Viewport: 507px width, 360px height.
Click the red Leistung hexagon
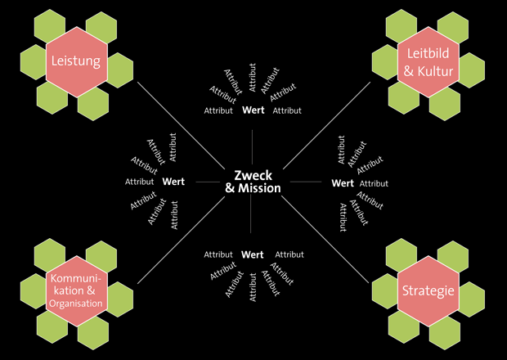coord(75,61)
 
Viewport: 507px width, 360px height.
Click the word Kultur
coord(435,72)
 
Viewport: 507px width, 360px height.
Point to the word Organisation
coord(75,304)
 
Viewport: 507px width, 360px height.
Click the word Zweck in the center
coord(253,175)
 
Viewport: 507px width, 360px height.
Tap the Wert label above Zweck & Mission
coord(253,110)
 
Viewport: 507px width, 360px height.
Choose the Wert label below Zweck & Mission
coord(252,254)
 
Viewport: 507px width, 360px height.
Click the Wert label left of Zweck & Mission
coord(173,182)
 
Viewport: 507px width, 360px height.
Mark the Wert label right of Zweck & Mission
coord(343,183)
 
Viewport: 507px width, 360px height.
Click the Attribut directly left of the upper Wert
coord(218,110)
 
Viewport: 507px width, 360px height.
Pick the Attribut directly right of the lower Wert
coord(289,255)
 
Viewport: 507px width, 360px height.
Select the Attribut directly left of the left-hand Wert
coord(139,182)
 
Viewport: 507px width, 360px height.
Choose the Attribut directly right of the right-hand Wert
coord(374,184)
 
